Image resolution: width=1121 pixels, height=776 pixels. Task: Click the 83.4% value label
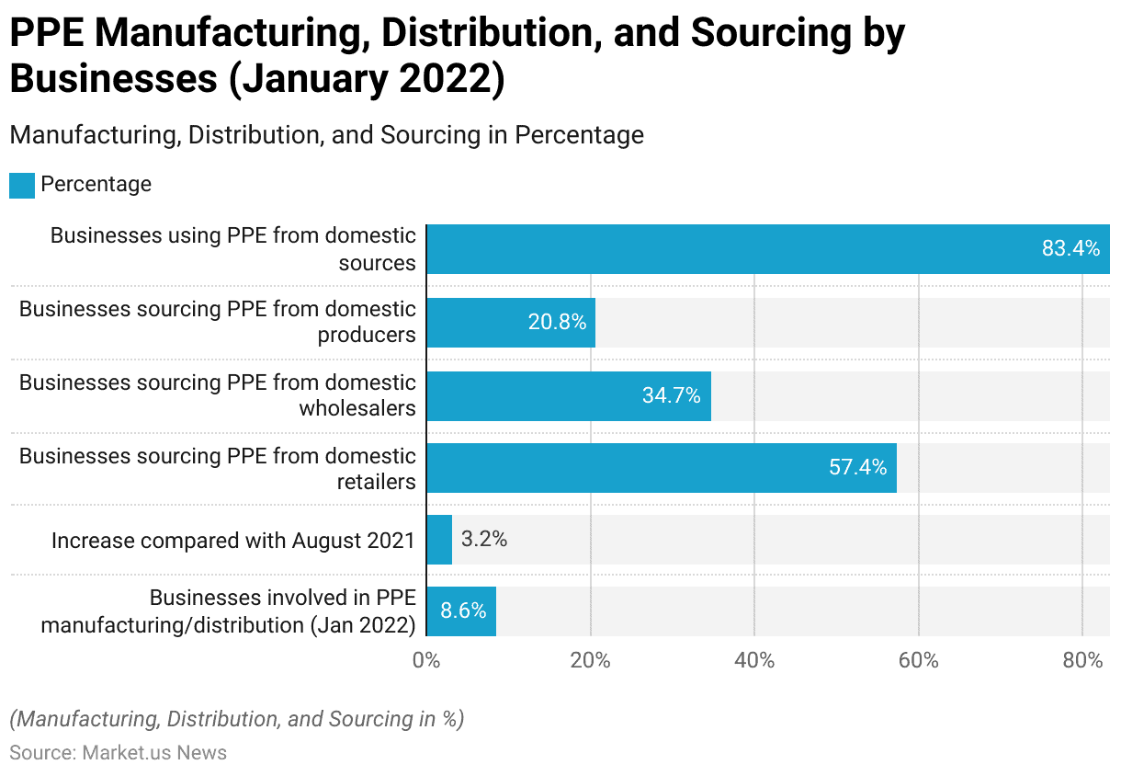(1070, 248)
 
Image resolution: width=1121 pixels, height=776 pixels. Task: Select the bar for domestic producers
(511, 322)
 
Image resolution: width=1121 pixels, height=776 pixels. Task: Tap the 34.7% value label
(672, 395)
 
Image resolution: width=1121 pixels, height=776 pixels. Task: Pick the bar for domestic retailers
(662, 468)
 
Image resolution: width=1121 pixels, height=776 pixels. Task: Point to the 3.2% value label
(484, 540)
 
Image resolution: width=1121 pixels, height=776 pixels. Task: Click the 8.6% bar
(461, 611)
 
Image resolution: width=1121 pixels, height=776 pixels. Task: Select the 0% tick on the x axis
(425, 660)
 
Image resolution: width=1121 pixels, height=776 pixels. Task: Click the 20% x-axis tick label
(591, 660)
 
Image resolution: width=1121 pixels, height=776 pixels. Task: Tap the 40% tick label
(754, 660)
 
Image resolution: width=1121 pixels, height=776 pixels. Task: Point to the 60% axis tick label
(918, 660)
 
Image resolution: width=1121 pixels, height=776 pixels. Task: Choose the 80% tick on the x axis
(1082, 660)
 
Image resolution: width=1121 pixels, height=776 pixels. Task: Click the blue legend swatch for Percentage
(22, 185)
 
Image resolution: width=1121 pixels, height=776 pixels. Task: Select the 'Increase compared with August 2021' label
(233, 541)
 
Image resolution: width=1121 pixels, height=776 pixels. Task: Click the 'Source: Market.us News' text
(119, 753)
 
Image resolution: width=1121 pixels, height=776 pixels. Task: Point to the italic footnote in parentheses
(236, 719)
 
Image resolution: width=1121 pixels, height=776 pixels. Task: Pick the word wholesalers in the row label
(357, 408)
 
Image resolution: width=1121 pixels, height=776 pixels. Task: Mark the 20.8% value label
(557, 322)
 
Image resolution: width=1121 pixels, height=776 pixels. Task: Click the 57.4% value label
(858, 467)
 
